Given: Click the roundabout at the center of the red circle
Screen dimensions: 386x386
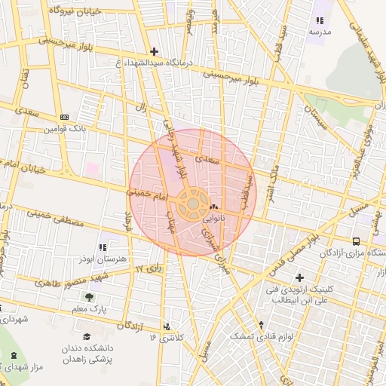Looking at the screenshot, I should point(193,204).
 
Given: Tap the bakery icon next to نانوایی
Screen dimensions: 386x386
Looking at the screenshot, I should point(213,207).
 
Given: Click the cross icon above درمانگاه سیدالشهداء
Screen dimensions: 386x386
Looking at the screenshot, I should point(155,52).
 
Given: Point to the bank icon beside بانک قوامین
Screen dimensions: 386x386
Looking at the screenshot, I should point(64,117).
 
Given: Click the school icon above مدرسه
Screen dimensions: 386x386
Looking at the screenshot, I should point(320,20).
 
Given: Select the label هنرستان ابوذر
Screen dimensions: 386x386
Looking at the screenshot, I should point(102,259).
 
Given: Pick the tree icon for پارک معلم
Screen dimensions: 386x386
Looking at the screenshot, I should point(90,297).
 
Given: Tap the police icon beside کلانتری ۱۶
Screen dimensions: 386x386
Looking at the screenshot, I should point(167,326).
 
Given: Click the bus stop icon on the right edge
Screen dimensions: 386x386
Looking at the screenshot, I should point(377,240).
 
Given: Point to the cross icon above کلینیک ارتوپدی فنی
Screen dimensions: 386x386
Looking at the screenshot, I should point(299,277).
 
